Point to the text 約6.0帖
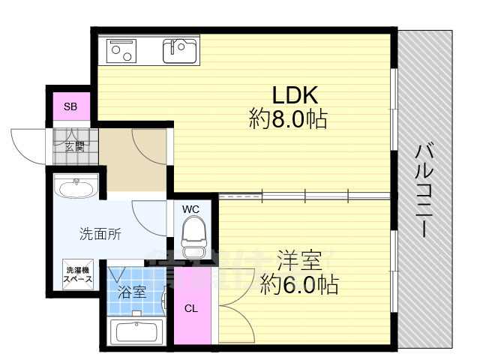pyautogui.click(x=298, y=285)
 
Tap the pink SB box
pyautogui.click(x=70, y=106)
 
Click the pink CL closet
pyautogui.click(x=191, y=308)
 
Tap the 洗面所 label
pyautogui.click(x=100, y=233)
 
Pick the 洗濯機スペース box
pyautogui.click(x=78, y=274)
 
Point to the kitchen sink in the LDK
pyautogui.click(x=179, y=50)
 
